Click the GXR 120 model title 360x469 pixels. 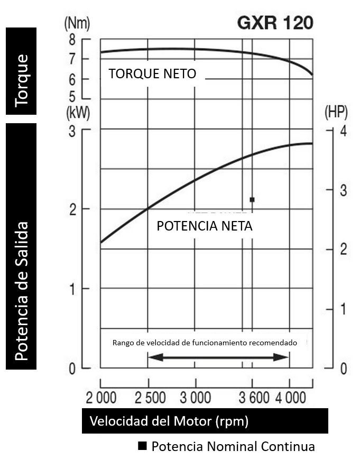275,23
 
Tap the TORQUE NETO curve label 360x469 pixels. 152,74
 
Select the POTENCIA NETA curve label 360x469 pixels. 205,226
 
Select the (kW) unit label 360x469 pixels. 77,113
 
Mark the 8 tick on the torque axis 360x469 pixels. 72,40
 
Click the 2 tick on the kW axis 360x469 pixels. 72,209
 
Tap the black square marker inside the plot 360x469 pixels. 252,199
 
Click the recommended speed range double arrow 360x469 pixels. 218,357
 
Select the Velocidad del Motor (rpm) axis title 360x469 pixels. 169,421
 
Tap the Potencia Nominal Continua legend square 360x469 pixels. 142,446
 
